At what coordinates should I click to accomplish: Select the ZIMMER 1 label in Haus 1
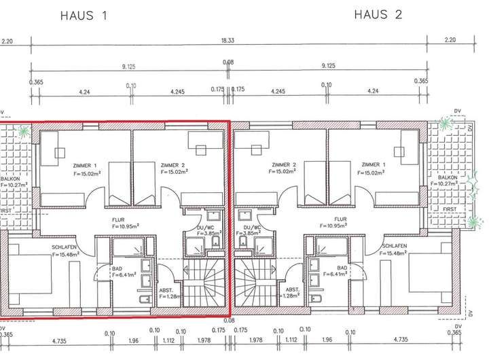click(84, 165)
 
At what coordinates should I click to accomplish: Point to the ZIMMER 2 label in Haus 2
click(284, 165)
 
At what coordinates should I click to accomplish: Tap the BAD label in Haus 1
click(117, 268)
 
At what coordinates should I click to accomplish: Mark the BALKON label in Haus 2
click(447, 177)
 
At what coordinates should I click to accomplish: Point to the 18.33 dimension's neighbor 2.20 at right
click(450, 41)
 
